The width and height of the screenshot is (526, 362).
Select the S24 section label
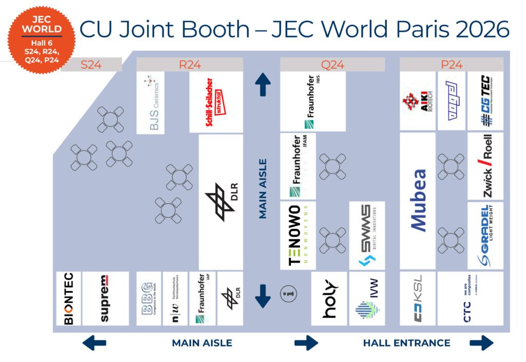pyautogui.click(x=91, y=65)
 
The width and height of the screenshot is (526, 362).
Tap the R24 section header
pyautogui.click(x=190, y=65)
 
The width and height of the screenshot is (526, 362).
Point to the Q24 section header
pyautogui.click(x=332, y=65)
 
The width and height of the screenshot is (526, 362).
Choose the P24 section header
pyautogui.click(x=452, y=65)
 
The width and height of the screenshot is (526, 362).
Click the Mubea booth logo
pyautogui.click(x=418, y=200)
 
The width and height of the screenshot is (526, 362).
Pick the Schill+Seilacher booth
pyautogui.click(x=216, y=103)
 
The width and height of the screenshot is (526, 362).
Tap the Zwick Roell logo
pyautogui.click(x=485, y=166)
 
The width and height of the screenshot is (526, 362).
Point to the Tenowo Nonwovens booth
pyautogui.click(x=298, y=235)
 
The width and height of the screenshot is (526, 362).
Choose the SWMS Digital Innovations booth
pyautogui.click(x=366, y=235)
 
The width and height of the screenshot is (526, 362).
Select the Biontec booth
pyautogui.click(x=68, y=298)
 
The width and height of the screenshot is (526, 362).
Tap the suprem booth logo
pyautogui.click(x=105, y=298)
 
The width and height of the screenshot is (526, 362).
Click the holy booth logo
pyautogui.click(x=329, y=298)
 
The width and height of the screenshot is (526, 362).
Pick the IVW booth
pyautogui.click(x=367, y=298)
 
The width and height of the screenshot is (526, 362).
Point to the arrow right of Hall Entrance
pyautogui.click(x=481, y=343)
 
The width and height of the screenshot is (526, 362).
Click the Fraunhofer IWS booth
pyautogui.click(x=313, y=102)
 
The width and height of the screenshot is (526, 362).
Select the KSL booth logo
pyautogui.click(x=418, y=298)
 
